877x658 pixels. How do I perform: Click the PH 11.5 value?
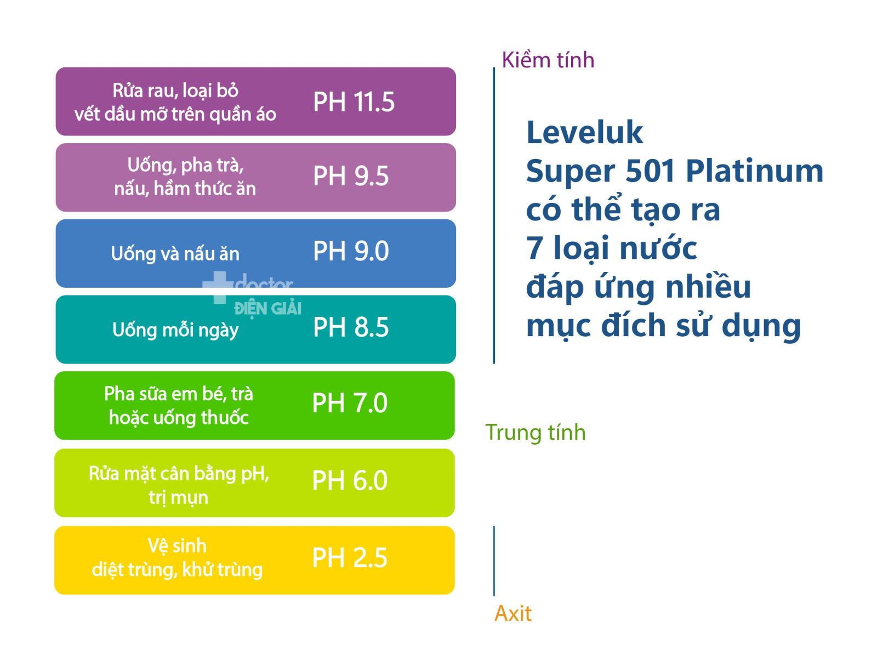point(353,101)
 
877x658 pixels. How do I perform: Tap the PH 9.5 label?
point(350,176)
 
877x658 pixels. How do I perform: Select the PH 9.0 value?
point(350,251)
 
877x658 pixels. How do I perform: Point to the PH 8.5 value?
point(350,327)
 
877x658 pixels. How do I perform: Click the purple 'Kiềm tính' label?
point(548,60)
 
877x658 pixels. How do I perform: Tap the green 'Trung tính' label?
point(535,432)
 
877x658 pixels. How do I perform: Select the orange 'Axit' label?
point(512,613)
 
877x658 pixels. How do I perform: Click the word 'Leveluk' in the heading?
point(584,132)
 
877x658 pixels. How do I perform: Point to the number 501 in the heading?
point(650,171)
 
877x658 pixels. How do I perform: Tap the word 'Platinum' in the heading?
point(754,171)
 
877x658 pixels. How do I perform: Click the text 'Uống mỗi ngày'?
point(175,330)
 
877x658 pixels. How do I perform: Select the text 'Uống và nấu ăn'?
point(175,253)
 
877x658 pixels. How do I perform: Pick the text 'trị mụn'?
point(178,497)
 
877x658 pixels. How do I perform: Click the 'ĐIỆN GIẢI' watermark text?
point(267,309)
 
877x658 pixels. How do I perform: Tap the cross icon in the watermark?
point(218,287)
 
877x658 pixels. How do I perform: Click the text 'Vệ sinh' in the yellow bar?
point(177,546)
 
